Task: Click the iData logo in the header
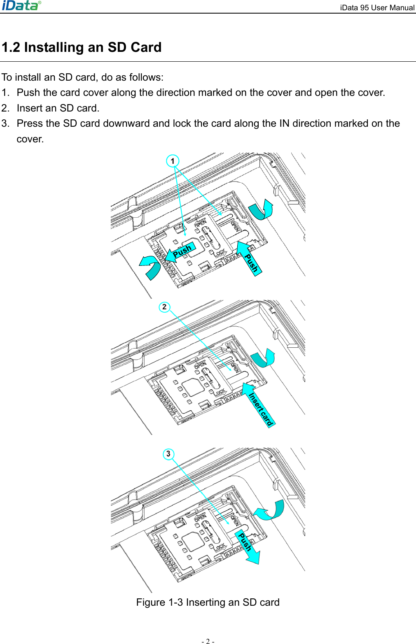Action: (21, 5)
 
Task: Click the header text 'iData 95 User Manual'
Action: (377, 7)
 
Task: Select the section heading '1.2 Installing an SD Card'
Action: (82, 47)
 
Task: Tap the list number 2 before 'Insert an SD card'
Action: (5, 108)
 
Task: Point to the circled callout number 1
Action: (173, 161)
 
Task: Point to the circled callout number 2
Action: (164, 307)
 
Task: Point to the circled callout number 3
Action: (168, 454)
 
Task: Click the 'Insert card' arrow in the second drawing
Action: (259, 405)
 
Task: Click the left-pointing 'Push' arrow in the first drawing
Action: (180, 251)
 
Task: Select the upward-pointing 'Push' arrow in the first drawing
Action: (250, 259)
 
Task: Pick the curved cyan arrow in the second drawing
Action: (264, 358)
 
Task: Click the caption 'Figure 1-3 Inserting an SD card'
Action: (208, 602)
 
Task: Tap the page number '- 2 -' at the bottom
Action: (208, 641)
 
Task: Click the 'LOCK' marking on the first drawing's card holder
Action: (220, 252)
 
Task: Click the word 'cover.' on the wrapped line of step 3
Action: (30, 139)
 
